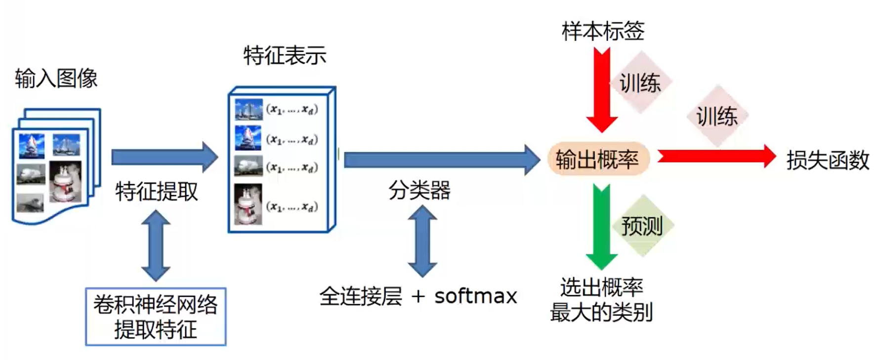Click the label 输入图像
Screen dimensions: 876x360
tap(56, 78)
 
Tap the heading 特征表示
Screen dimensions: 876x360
tap(285, 55)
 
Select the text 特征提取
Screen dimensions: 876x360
tap(157, 191)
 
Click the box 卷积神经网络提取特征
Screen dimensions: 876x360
tap(156, 317)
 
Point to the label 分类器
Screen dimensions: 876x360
tap(419, 190)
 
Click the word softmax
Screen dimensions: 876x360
tap(475, 296)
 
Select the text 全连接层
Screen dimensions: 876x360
tap(361, 296)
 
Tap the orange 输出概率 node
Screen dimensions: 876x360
tap(598, 159)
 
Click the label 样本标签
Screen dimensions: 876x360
tap(603, 31)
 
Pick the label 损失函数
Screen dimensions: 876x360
tap(828, 160)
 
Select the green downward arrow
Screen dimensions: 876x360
tap(601, 227)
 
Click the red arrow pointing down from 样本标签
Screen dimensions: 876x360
tap(602, 90)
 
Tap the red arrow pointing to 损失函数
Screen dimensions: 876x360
tap(717, 156)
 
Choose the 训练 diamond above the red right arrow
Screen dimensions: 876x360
tap(717, 116)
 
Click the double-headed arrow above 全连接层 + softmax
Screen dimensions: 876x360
tap(422, 241)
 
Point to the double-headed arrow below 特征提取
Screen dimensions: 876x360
tap(156, 246)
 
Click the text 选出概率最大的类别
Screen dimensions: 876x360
tap(601, 300)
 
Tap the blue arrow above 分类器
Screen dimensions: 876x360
tap(442, 160)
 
